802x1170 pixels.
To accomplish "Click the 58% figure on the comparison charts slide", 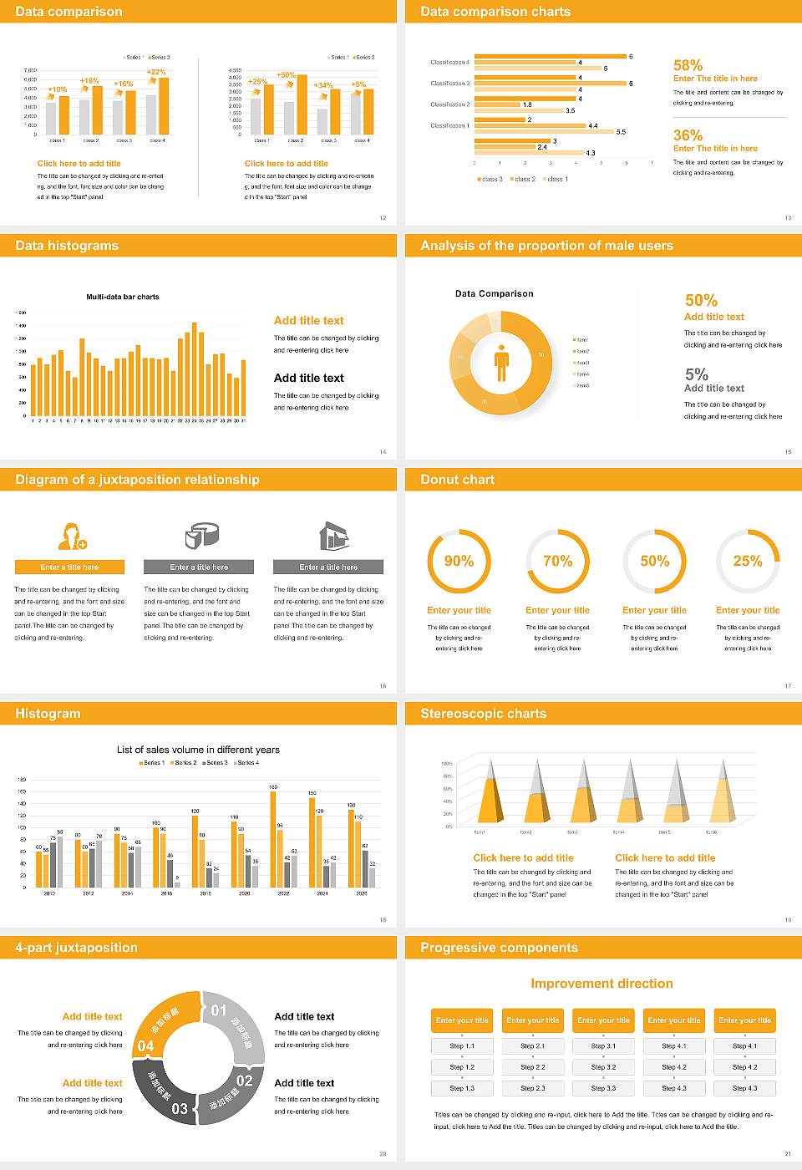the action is click(x=688, y=65).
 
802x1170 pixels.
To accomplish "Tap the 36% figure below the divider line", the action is click(x=688, y=135).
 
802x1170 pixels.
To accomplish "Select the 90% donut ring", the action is click(x=459, y=561).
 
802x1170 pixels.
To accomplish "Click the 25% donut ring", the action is click(x=748, y=561).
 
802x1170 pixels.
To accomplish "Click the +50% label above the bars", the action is click(x=286, y=75).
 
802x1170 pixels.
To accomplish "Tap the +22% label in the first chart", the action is click(x=156, y=72).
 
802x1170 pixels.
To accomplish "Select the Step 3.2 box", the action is click(x=603, y=1067).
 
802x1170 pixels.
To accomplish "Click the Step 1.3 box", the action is click(x=462, y=1088).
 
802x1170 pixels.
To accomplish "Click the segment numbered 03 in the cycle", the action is click(x=167, y=1095).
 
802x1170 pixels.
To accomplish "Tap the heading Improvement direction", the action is click(x=601, y=984).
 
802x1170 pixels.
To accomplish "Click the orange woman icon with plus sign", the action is click(x=72, y=536).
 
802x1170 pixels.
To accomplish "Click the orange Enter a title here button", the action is click(x=69, y=567).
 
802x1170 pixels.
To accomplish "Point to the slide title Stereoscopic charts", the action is click(x=483, y=714).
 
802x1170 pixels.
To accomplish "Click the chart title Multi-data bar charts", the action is click(x=123, y=297).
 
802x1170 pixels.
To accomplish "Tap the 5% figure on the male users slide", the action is click(x=696, y=374).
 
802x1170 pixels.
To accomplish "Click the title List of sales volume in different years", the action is click(x=198, y=750).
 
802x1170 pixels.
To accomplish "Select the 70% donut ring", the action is click(x=557, y=561).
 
